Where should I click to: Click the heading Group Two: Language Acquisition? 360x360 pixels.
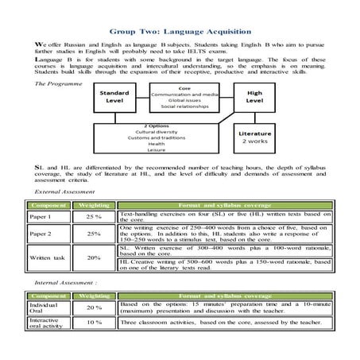click(179, 33)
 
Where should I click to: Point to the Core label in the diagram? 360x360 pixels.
click(184, 89)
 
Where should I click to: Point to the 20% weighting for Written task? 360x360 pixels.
click(94, 257)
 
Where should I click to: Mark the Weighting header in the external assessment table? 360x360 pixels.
click(94, 205)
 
